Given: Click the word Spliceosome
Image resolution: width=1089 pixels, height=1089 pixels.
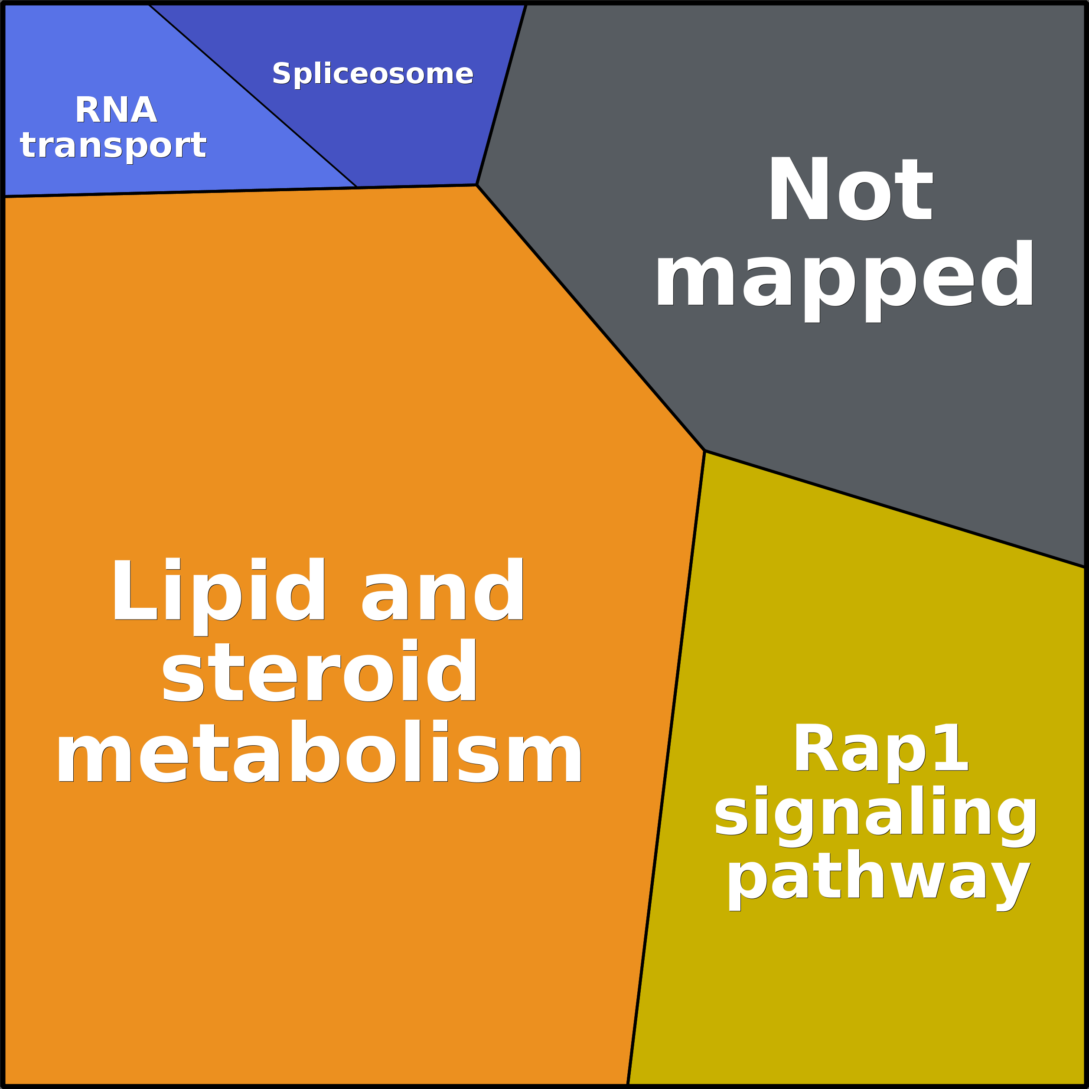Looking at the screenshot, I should point(372,74).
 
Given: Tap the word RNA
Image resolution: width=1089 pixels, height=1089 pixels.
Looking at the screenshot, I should point(116,110).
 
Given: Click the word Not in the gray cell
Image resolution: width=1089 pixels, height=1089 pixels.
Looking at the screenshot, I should point(851,189).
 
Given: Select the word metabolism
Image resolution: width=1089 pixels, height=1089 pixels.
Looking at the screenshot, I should point(320,753).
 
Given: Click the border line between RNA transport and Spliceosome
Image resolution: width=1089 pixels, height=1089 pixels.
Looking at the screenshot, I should point(254,96).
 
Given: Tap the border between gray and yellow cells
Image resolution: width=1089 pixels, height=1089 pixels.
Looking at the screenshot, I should point(896,509).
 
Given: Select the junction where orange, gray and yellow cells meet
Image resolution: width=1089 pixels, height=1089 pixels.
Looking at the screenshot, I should point(704,451).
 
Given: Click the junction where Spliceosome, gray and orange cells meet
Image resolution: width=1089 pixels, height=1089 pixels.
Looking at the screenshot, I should point(477,185).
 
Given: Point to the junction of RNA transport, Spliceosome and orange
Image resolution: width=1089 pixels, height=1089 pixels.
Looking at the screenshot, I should point(357,187).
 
